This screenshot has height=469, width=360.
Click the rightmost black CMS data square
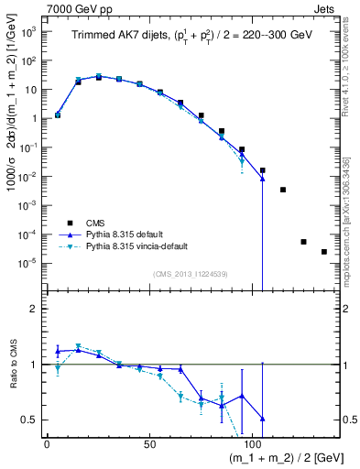point(324,252)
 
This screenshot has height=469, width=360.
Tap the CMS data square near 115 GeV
point(283,190)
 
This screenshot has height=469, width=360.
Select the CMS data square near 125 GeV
point(303,242)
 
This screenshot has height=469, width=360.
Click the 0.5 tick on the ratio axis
point(32,420)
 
